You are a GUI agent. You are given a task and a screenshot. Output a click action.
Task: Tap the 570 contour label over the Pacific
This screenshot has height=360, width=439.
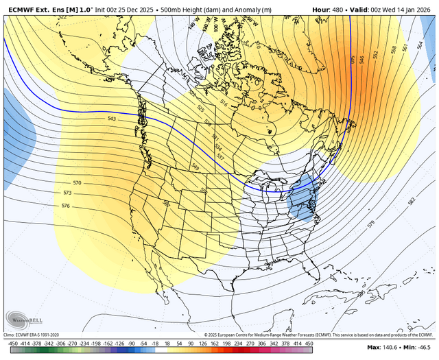(77, 184)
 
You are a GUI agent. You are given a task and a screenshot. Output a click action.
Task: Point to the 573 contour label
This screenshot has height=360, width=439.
(77, 194)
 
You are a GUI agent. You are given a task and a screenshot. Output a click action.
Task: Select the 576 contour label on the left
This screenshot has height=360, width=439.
(66, 206)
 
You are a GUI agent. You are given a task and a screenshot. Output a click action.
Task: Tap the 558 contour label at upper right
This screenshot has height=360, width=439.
(393, 50)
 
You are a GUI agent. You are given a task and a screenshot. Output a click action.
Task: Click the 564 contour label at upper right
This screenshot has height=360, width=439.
(420, 45)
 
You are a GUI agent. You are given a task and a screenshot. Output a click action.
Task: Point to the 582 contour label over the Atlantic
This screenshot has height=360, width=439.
(411, 201)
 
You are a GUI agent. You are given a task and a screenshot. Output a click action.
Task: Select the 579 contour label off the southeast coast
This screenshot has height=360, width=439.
(371, 224)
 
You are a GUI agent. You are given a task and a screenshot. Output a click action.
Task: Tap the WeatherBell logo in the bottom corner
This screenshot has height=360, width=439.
(21, 317)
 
